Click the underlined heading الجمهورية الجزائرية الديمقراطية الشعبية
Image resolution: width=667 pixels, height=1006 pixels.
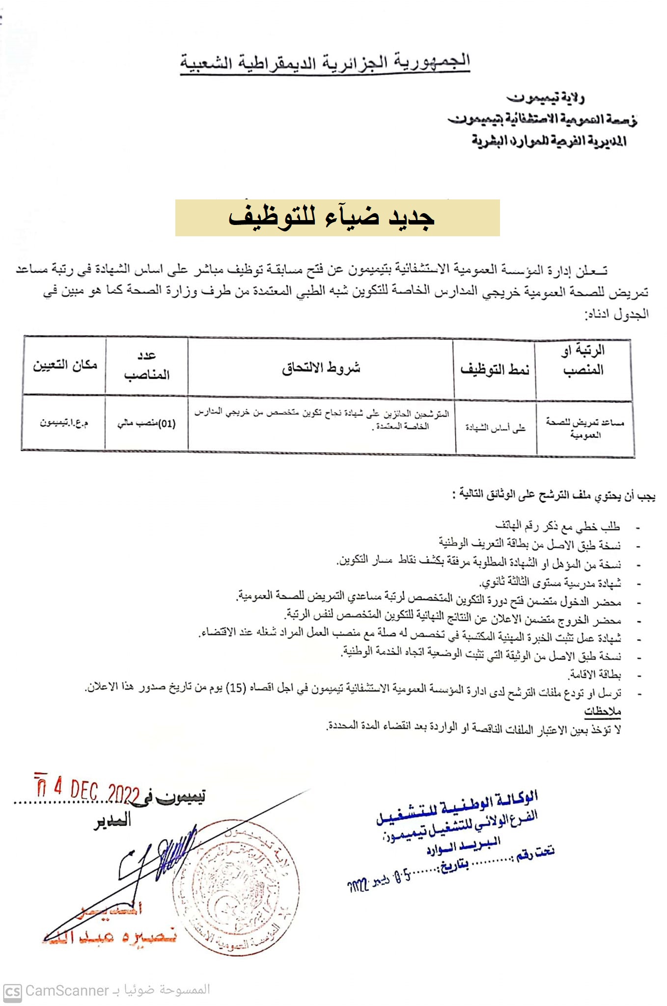tap(325, 63)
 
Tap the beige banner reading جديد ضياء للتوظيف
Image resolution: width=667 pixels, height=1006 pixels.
tap(337, 218)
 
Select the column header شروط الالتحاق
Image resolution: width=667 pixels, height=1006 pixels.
tap(321, 367)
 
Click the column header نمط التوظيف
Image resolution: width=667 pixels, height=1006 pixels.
tap(494, 369)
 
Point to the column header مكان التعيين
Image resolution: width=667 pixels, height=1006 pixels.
tap(65, 365)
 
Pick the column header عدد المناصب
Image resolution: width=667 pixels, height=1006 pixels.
tap(146, 365)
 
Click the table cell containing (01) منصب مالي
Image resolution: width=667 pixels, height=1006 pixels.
tap(146, 423)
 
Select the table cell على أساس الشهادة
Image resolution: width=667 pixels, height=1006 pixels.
tap(495, 427)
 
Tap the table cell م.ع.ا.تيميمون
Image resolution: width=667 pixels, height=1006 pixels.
tap(64, 422)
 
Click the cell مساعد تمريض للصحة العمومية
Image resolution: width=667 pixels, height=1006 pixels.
tap(584, 427)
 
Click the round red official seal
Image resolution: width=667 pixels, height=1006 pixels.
tap(236, 889)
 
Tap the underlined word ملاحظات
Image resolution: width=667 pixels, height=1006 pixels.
tap(603, 710)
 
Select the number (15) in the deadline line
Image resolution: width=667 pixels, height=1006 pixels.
tap(236, 688)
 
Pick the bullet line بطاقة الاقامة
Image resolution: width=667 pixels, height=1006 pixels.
tap(594, 674)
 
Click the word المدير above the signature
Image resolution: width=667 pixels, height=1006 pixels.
tap(112, 820)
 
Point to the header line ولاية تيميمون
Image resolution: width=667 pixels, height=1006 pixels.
tap(545, 98)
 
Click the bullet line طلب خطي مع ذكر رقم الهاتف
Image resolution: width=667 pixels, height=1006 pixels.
tap(557, 527)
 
